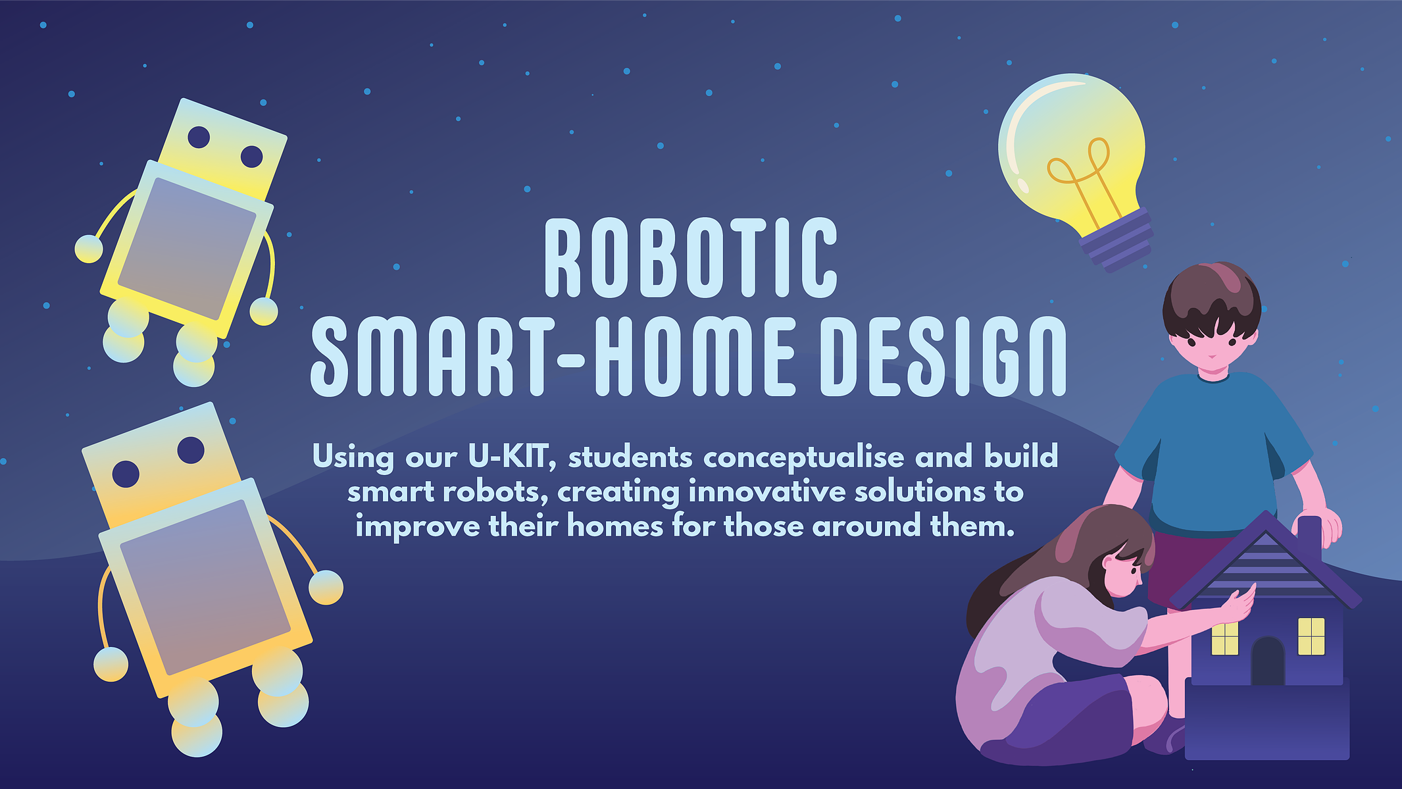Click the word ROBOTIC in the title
(x=691, y=257)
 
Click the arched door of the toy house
(x=1268, y=661)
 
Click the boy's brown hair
(x=1212, y=299)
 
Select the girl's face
(x=1122, y=571)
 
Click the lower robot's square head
(x=161, y=464)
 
